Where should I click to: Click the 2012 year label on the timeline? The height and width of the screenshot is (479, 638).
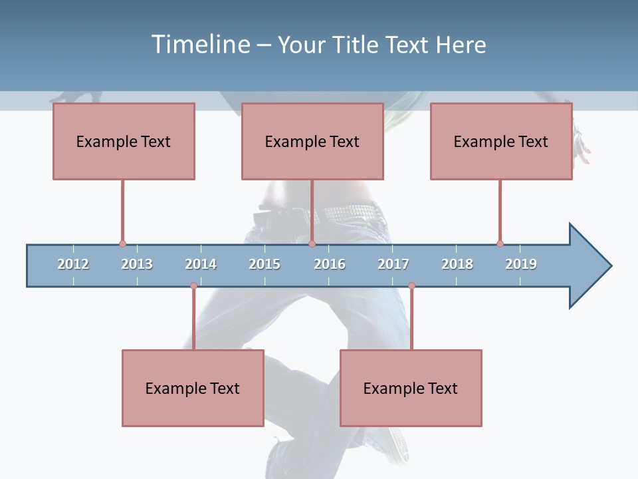coord(73,264)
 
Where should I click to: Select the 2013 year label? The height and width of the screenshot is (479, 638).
coord(137,264)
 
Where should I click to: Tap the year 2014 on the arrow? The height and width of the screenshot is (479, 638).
coord(201,264)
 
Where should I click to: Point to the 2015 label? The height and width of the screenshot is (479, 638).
coord(265,264)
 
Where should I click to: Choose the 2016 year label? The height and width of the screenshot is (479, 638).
coord(330,264)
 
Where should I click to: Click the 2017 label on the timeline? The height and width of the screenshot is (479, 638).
coord(393,264)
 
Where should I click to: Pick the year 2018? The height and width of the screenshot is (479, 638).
coord(457,264)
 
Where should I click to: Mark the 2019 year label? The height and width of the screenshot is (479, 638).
coord(521,264)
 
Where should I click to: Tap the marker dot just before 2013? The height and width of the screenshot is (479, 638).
coord(122,244)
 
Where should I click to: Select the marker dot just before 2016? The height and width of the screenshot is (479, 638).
coord(312,244)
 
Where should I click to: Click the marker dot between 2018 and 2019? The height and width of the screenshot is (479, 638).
coord(500,244)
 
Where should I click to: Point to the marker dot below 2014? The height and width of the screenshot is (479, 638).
coord(193,286)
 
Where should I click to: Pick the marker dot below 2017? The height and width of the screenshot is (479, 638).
coord(411,286)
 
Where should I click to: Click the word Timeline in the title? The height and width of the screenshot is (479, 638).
coord(199,45)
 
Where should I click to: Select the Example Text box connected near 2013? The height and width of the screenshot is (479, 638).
coord(124,141)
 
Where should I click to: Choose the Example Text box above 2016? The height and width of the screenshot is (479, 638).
coord(312,141)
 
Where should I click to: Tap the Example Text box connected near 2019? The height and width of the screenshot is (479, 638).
coord(501,141)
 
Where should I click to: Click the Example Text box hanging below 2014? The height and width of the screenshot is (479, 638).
coord(193,388)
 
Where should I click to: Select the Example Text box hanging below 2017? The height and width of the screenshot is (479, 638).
coord(411,388)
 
